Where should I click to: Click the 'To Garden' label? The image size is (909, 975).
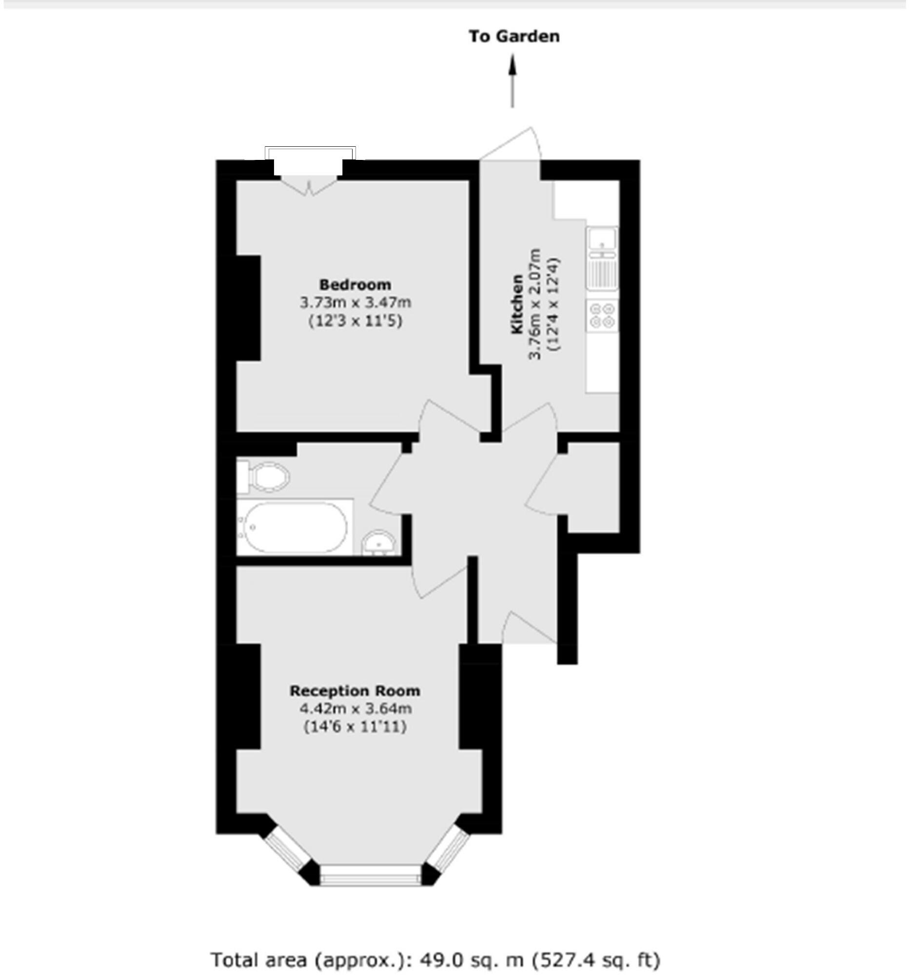tap(514, 36)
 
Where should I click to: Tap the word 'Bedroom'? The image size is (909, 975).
tap(355, 285)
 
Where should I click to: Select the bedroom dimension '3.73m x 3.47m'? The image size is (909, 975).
tap(355, 303)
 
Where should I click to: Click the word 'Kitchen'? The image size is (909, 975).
tap(517, 304)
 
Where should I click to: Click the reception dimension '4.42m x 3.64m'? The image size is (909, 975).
tap(355, 709)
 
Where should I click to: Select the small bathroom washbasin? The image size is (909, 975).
tap(379, 543)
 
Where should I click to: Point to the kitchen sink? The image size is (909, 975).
tap(602, 239)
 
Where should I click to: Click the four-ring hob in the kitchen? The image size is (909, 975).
tap(602, 315)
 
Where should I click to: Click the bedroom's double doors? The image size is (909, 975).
tap(309, 186)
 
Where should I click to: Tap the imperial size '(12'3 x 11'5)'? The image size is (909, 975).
tap(355, 321)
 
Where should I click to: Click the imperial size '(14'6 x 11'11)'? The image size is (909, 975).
tap(355, 726)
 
